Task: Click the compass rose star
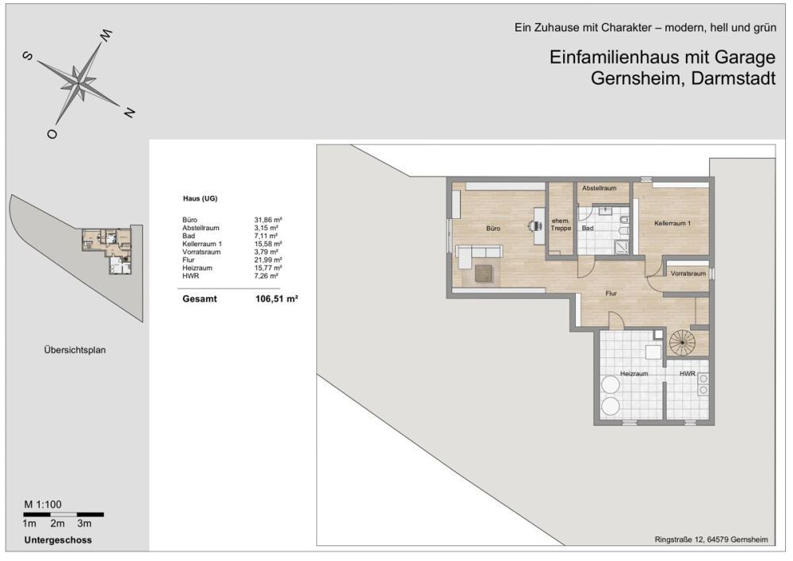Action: point(79,79)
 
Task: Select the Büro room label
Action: point(493,228)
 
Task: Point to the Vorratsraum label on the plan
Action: point(688,274)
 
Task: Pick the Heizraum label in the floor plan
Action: point(634,373)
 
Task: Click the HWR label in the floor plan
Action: point(687,373)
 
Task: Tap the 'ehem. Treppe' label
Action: point(561,224)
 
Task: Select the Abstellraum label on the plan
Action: point(600,189)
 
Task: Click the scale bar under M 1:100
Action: point(63,514)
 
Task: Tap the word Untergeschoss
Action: point(58,540)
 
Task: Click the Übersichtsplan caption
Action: point(75,349)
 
